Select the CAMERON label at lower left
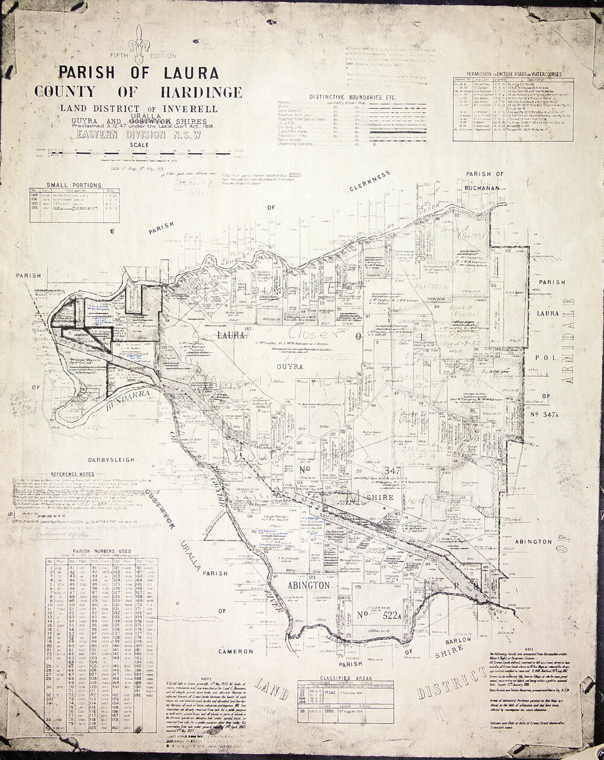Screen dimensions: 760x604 tap(236, 651)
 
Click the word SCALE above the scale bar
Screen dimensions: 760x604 tap(138, 145)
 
